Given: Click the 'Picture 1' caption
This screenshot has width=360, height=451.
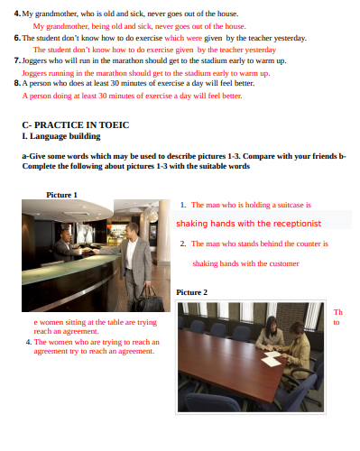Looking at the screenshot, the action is (x=61, y=195).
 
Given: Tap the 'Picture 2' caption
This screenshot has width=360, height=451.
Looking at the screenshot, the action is (x=191, y=292).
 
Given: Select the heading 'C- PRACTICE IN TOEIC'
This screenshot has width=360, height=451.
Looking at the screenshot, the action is (x=76, y=124).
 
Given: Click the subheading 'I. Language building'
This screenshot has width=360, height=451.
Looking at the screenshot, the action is (x=61, y=136).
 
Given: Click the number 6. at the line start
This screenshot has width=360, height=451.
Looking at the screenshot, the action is (x=17, y=38).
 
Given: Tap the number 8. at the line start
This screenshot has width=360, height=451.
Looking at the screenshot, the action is (x=17, y=83).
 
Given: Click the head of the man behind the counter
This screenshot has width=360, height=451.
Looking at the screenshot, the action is (x=65, y=235).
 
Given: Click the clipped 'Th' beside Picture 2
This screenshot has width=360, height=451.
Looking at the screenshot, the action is (x=338, y=312).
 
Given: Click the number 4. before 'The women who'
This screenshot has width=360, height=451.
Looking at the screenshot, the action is (x=29, y=342).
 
